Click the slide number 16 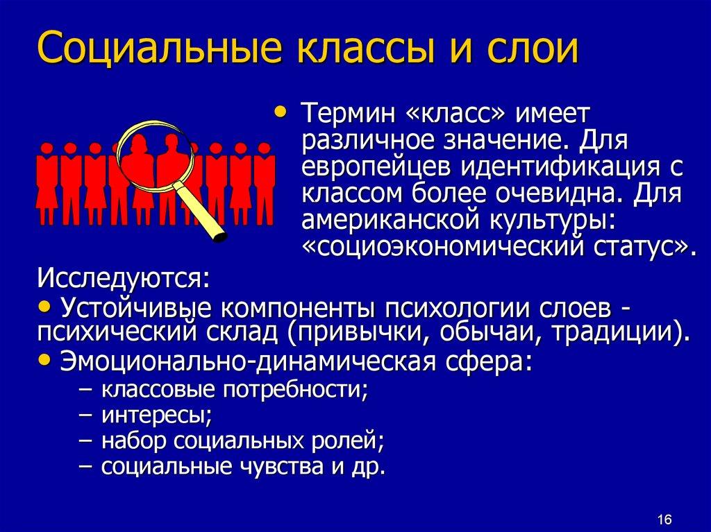[663, 520]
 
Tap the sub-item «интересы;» [156, 415]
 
